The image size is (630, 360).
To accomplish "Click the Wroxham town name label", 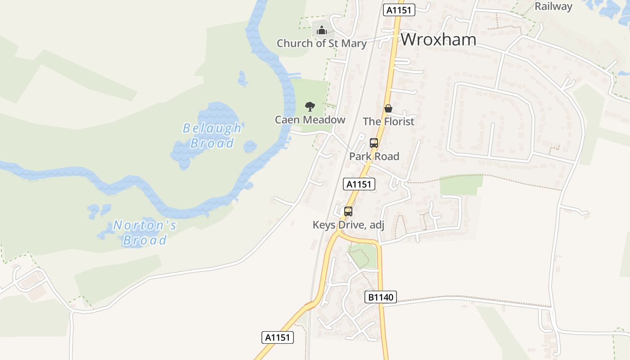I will [438, 40].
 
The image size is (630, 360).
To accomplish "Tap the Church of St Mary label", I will [321, 44].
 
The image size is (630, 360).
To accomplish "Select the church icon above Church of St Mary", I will [321, 31].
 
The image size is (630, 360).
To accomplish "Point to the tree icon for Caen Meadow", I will [310, 107].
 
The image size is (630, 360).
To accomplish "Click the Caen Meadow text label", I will [310, 120].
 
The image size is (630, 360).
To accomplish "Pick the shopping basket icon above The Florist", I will [388, 108].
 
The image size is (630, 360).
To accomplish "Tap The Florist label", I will [388, 121].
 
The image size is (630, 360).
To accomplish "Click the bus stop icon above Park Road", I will [373, 143].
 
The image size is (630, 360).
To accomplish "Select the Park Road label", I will [374, 157].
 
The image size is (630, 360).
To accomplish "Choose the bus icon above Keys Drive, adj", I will [348, 211].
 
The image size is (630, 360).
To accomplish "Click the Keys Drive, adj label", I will [348, 225].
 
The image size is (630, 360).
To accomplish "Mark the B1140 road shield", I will [381, 297].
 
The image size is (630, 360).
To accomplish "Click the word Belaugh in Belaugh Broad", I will [212, 128].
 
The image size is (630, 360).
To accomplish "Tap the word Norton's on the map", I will [144, 225].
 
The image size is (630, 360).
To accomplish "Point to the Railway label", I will [553, 6].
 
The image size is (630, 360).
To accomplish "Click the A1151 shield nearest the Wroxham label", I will [399, 10].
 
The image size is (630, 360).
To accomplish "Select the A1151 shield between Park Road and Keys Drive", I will [359, 184].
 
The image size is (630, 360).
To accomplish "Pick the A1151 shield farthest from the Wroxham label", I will [278, 337].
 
